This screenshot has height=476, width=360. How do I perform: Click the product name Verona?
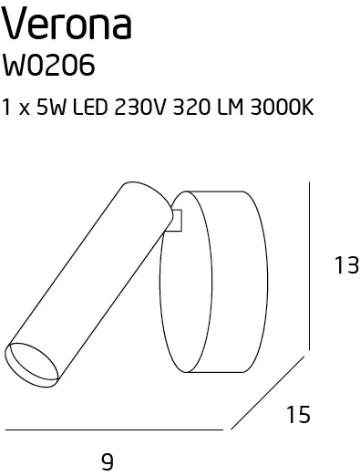point(67,25)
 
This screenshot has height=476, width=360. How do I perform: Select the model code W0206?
point(48,65)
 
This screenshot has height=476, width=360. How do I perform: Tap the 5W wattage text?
point(51,107)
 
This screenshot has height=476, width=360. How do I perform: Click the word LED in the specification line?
point(90,107)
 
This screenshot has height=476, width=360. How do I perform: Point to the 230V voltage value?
point(140,107)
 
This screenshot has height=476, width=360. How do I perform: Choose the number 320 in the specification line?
point(191,107)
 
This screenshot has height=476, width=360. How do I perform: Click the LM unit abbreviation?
point(231,107)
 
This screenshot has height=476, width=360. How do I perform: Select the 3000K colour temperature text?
point(282,107)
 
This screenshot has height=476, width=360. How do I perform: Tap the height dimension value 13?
point(346,265)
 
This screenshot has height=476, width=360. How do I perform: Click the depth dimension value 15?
point(298,414)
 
